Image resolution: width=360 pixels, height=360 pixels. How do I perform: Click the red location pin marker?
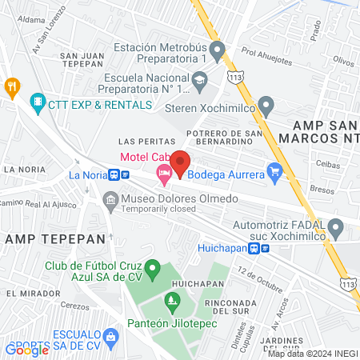tap(179, 162)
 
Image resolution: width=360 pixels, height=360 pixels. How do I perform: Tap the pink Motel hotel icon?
tap(165, 173)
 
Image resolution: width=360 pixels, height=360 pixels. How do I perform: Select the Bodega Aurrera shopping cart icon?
tap(274, 170)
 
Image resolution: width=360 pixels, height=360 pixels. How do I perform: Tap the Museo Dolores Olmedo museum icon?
tap(110, 198)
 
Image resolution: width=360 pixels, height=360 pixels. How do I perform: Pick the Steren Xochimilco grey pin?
tap(266, 104)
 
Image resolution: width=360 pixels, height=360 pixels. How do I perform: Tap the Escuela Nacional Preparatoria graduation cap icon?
tap(199, 78)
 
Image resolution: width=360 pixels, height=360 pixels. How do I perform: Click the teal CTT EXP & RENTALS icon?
tap(37, 103)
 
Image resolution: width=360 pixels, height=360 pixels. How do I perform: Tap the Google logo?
tap(27, 349)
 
